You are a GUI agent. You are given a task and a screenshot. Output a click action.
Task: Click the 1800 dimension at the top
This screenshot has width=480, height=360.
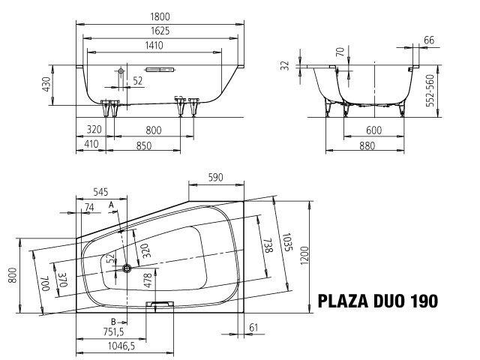pos(160,16)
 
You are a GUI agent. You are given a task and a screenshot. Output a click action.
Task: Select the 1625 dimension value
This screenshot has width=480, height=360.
pos(160,31)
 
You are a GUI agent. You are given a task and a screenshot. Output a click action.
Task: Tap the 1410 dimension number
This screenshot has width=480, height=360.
pos(154,46)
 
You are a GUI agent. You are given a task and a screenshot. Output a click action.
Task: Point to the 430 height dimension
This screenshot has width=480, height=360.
pos(46,85)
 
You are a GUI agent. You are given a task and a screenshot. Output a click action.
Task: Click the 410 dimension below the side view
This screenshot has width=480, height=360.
pos(91,144)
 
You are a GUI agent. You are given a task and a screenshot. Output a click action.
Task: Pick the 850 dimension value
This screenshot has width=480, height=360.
pos(143,145)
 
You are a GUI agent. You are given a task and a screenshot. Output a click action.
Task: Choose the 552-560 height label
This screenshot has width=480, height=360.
pos(430,90)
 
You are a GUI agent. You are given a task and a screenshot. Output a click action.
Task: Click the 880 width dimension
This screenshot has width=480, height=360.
pos(367,145)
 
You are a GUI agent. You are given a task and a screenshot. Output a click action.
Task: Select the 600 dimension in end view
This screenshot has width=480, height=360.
pos(373,130)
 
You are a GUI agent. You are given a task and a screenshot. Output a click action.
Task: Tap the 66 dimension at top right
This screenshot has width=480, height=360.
pos(429,40)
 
